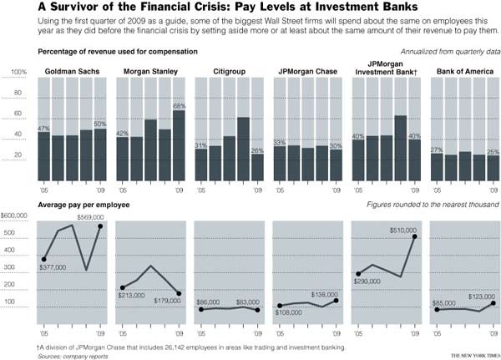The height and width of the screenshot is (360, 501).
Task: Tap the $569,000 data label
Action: (90, 217)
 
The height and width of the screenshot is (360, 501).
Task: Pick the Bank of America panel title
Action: (464, 72)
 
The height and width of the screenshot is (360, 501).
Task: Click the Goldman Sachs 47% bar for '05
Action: (43, 156)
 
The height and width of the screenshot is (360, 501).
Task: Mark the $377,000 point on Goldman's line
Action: (43, 259)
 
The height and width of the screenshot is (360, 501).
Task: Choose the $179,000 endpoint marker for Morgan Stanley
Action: (179, 293)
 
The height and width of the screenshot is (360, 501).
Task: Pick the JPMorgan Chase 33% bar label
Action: (280, 142)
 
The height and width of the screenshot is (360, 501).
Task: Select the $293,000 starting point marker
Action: (358, 273)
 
